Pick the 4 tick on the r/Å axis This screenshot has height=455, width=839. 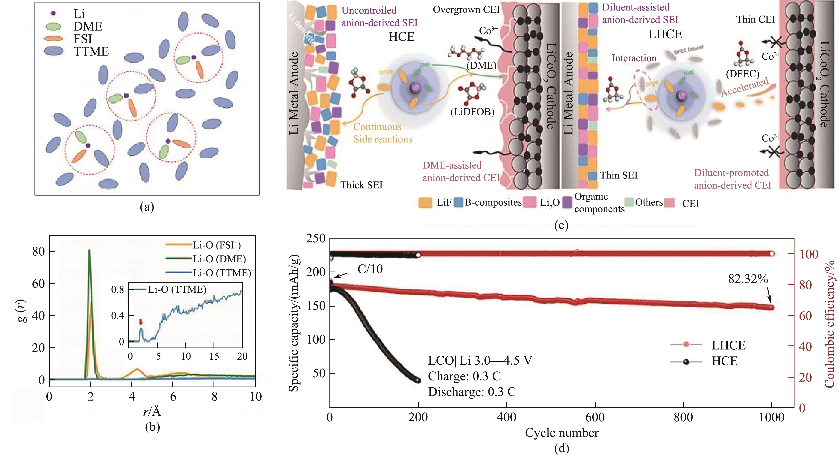132,397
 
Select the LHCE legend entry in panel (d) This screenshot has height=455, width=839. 728,345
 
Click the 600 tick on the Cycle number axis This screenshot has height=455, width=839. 595,417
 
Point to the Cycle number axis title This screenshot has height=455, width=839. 562,433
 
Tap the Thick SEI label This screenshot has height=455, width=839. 361,185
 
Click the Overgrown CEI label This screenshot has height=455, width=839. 466,10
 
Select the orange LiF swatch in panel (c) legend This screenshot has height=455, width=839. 425,203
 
